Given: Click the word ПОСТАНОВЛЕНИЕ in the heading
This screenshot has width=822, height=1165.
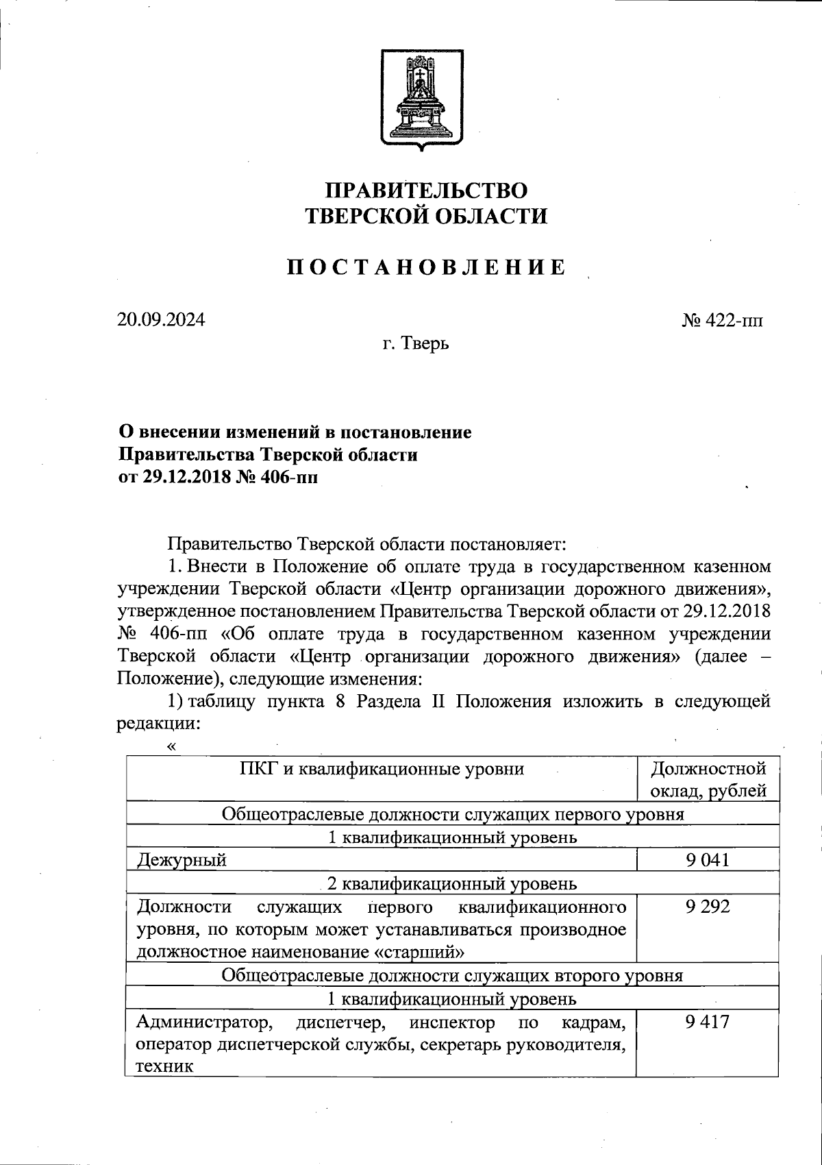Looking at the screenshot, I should coord(425,267).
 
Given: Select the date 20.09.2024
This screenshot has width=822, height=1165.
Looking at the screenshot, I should coord(161,320).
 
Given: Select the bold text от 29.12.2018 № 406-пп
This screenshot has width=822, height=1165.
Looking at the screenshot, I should coord(219,478).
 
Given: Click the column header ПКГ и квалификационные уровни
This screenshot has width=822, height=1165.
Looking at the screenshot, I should coord(382,769).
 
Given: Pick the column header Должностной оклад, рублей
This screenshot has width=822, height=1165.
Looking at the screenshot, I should coord(708,780).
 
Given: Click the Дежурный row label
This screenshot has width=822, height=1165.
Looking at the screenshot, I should coord(182,860).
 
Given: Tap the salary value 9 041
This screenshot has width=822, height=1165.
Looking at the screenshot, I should coord(707,860).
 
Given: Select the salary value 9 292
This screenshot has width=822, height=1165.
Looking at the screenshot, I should coord(707,907).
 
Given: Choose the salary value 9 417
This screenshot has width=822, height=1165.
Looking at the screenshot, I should coord(707,1022).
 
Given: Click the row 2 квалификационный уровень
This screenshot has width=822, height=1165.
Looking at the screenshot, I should coord(452,883).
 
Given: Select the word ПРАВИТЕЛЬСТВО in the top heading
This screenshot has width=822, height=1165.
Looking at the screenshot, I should coord(425,190).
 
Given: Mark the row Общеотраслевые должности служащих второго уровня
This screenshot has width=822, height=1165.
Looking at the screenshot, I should coord(452,975).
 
